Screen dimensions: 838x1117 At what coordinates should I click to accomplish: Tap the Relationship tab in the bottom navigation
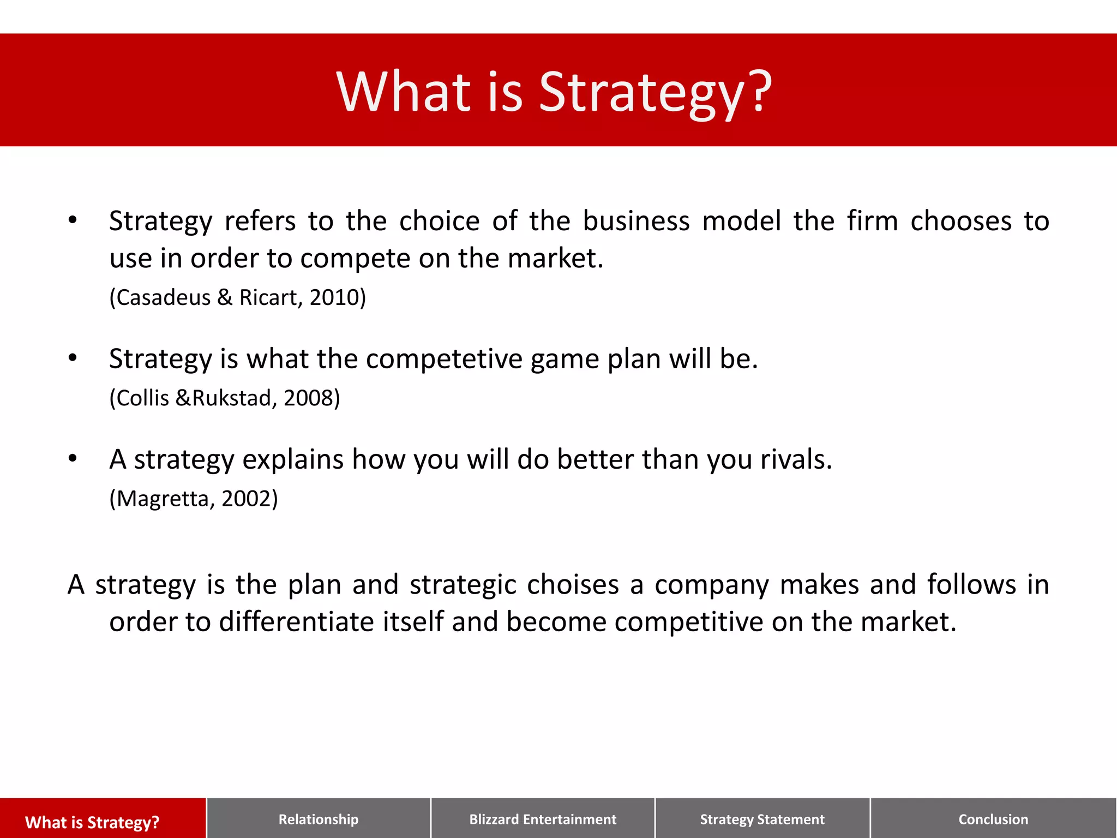(x=319, y=819)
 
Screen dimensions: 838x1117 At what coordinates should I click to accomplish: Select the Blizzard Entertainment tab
(x=543, y=819)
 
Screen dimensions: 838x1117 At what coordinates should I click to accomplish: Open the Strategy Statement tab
(x=762, y=819)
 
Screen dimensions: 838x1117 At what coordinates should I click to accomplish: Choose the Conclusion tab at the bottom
(x=993, y=819)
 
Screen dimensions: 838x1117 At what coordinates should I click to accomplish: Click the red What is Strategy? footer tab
(x=92, y=822)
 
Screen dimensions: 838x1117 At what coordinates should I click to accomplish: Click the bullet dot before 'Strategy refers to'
(x=73, y=220)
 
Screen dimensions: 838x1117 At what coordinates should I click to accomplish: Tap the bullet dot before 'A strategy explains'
(x=73, y=459)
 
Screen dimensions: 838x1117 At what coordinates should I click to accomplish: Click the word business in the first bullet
(x=636, y=221)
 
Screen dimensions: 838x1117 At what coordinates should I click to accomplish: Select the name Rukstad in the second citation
(x=231, y=398)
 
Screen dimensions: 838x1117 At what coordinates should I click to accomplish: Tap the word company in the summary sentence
(x=711, y=584)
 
